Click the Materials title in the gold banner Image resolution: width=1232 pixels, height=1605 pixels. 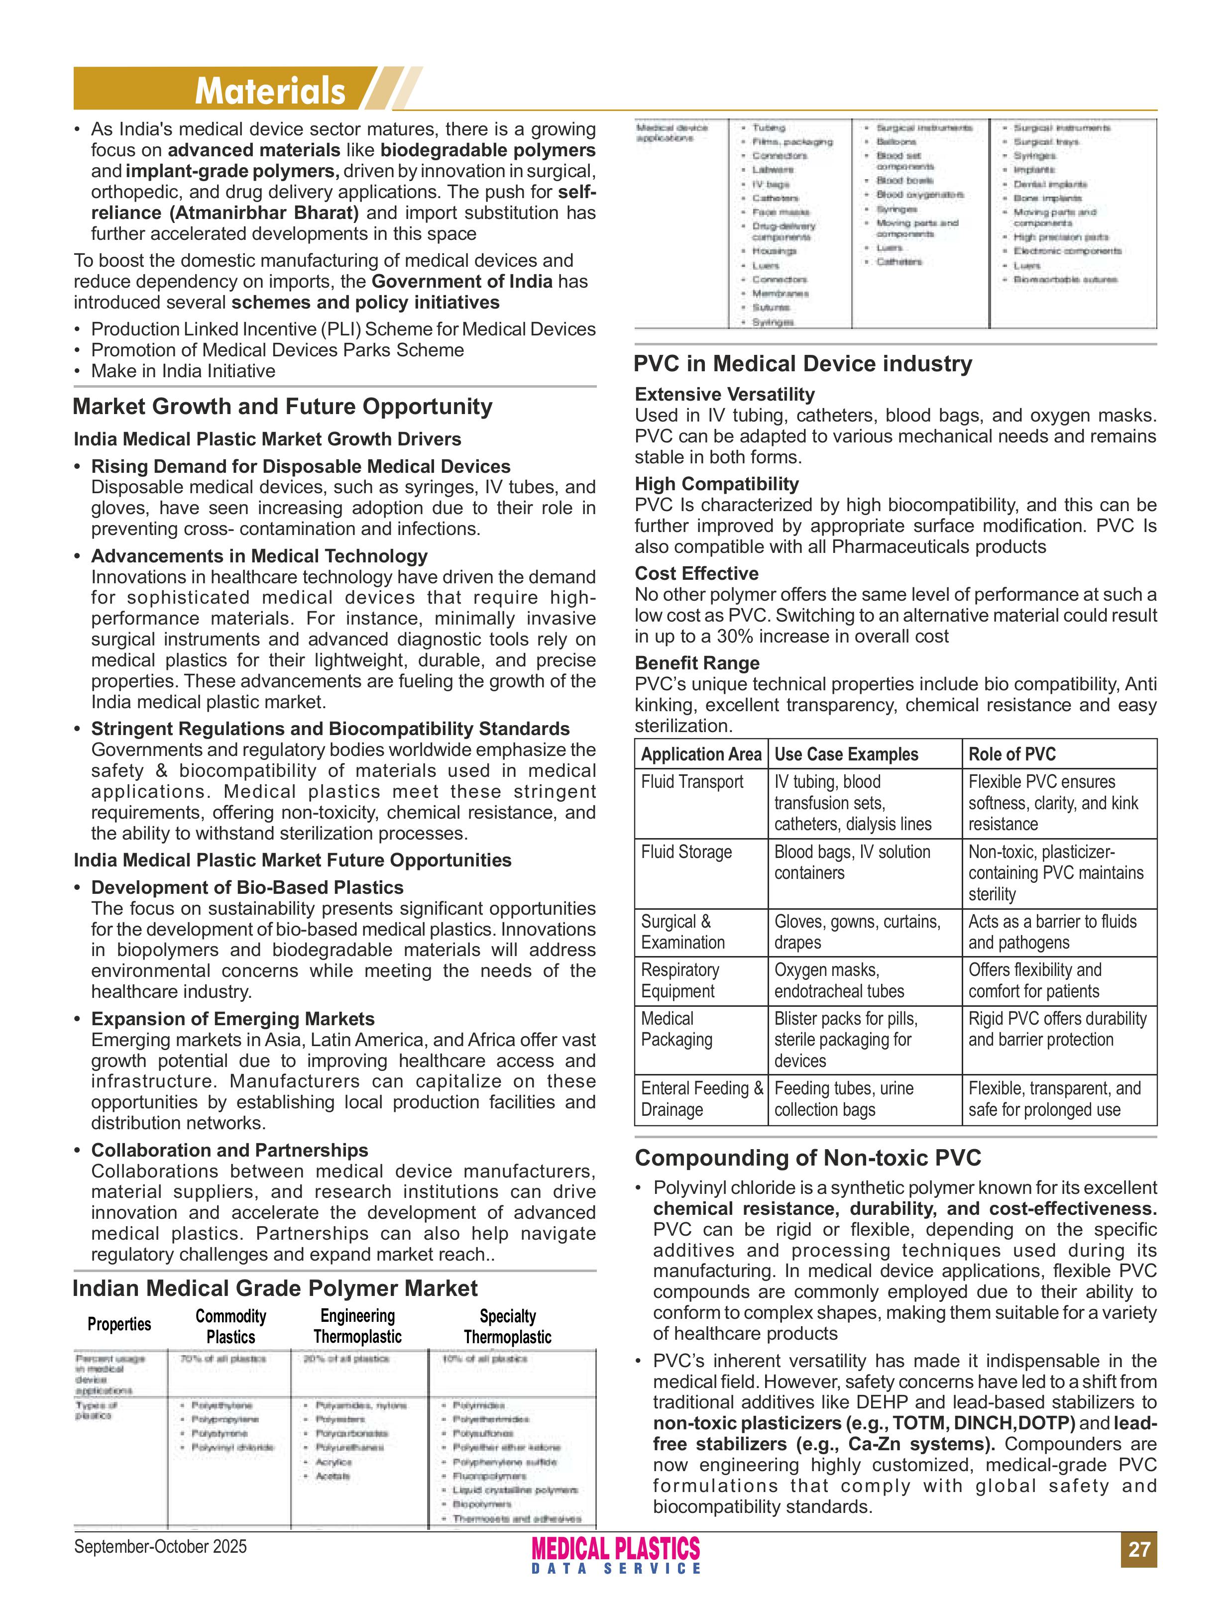coord(269,91)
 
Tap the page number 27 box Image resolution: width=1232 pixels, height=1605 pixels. coord(1138,1549)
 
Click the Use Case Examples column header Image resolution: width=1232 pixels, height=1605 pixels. coord(846,754)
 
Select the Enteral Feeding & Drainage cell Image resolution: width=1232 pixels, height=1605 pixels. coord(700,1098)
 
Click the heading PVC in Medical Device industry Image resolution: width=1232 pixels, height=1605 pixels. coord(802,364)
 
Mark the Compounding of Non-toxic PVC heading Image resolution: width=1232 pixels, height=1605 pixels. coord(807,1158)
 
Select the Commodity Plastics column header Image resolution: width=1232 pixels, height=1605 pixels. coord(230,1326)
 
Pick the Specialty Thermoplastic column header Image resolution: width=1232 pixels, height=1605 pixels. coord(507,1326)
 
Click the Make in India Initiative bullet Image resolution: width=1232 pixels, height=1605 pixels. coord(183,371)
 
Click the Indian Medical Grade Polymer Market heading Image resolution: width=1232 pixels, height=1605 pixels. coord(274,1288)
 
